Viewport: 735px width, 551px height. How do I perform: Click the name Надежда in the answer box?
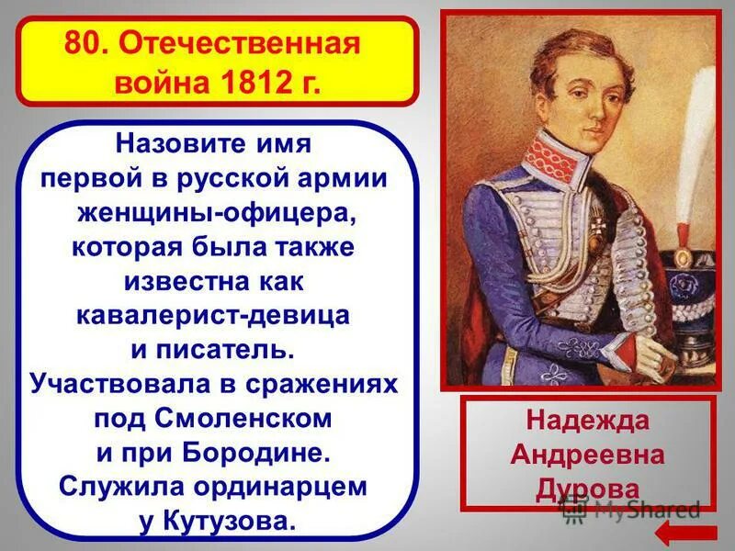point(587,422)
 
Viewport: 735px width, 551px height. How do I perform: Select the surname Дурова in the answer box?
point(587,487)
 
